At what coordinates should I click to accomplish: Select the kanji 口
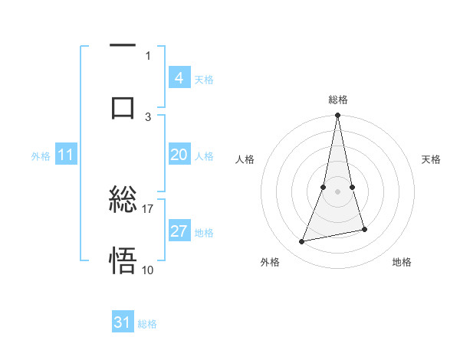[123, 106]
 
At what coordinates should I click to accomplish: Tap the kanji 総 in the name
[123, 201]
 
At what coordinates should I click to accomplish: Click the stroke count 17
[148, 208]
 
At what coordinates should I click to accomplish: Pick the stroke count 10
[148, 270]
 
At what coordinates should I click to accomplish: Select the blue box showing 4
[179, 78]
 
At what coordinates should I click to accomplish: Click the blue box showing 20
[179, 155]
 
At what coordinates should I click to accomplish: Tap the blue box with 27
[179, 231]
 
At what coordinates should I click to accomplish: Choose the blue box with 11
[66, 155]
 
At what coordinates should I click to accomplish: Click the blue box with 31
[123, 322]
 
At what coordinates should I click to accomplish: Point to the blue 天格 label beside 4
[204, 80]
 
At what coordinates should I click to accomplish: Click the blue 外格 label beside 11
[41, 156]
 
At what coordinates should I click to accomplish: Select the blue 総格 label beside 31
[147, 324]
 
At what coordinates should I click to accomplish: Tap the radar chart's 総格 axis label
[338, 100]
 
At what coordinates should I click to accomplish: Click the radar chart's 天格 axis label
[432, 159]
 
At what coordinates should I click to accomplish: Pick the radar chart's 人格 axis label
[245, 159]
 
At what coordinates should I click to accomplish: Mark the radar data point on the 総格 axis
[338, 116]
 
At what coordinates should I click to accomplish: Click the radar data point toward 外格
[302, 242]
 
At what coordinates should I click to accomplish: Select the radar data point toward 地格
[364, 229]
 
